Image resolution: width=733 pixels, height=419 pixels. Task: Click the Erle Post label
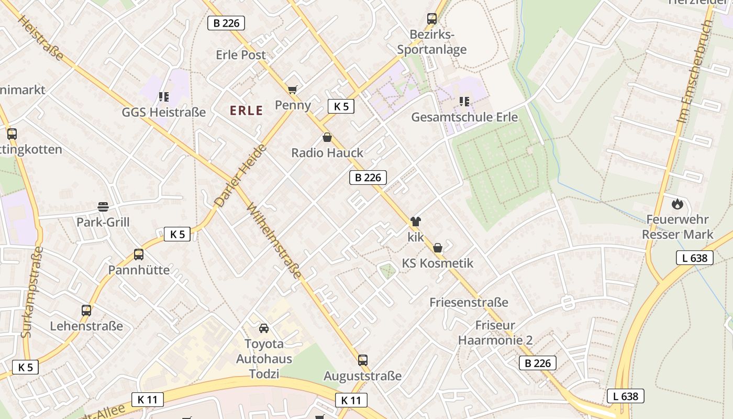(240, 55)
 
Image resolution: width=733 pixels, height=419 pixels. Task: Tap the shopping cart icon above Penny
(292, 90)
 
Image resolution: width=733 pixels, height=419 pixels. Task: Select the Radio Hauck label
(327, 153)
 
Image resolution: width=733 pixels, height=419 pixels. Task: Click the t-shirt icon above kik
(416, 222)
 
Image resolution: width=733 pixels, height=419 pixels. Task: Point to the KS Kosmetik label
(438, 263)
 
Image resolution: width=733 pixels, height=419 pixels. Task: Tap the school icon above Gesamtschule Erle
(464, 101)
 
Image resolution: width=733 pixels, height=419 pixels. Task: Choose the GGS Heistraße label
(164, 113)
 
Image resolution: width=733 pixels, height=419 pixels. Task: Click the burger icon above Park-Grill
(103, 206)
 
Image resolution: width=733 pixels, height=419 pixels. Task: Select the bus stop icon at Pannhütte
(139, 255)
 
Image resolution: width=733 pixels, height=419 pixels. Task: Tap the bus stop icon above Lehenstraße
(86, 311)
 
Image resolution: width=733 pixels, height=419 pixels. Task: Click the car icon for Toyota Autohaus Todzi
(264, 328)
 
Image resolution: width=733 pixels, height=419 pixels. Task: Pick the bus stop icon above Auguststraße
(362, 360)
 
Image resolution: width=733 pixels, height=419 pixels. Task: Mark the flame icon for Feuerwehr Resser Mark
(678, 203)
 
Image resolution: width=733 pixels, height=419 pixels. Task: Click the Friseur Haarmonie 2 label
(495, 333)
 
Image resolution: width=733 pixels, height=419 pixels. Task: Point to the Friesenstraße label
(469, 302)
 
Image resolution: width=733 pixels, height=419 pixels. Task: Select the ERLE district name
(247, 111)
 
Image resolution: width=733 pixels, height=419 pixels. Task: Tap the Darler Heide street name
(241, 175)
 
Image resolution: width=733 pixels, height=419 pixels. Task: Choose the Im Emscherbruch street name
(695, 72)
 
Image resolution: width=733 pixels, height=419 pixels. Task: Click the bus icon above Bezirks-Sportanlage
(432, 19)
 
